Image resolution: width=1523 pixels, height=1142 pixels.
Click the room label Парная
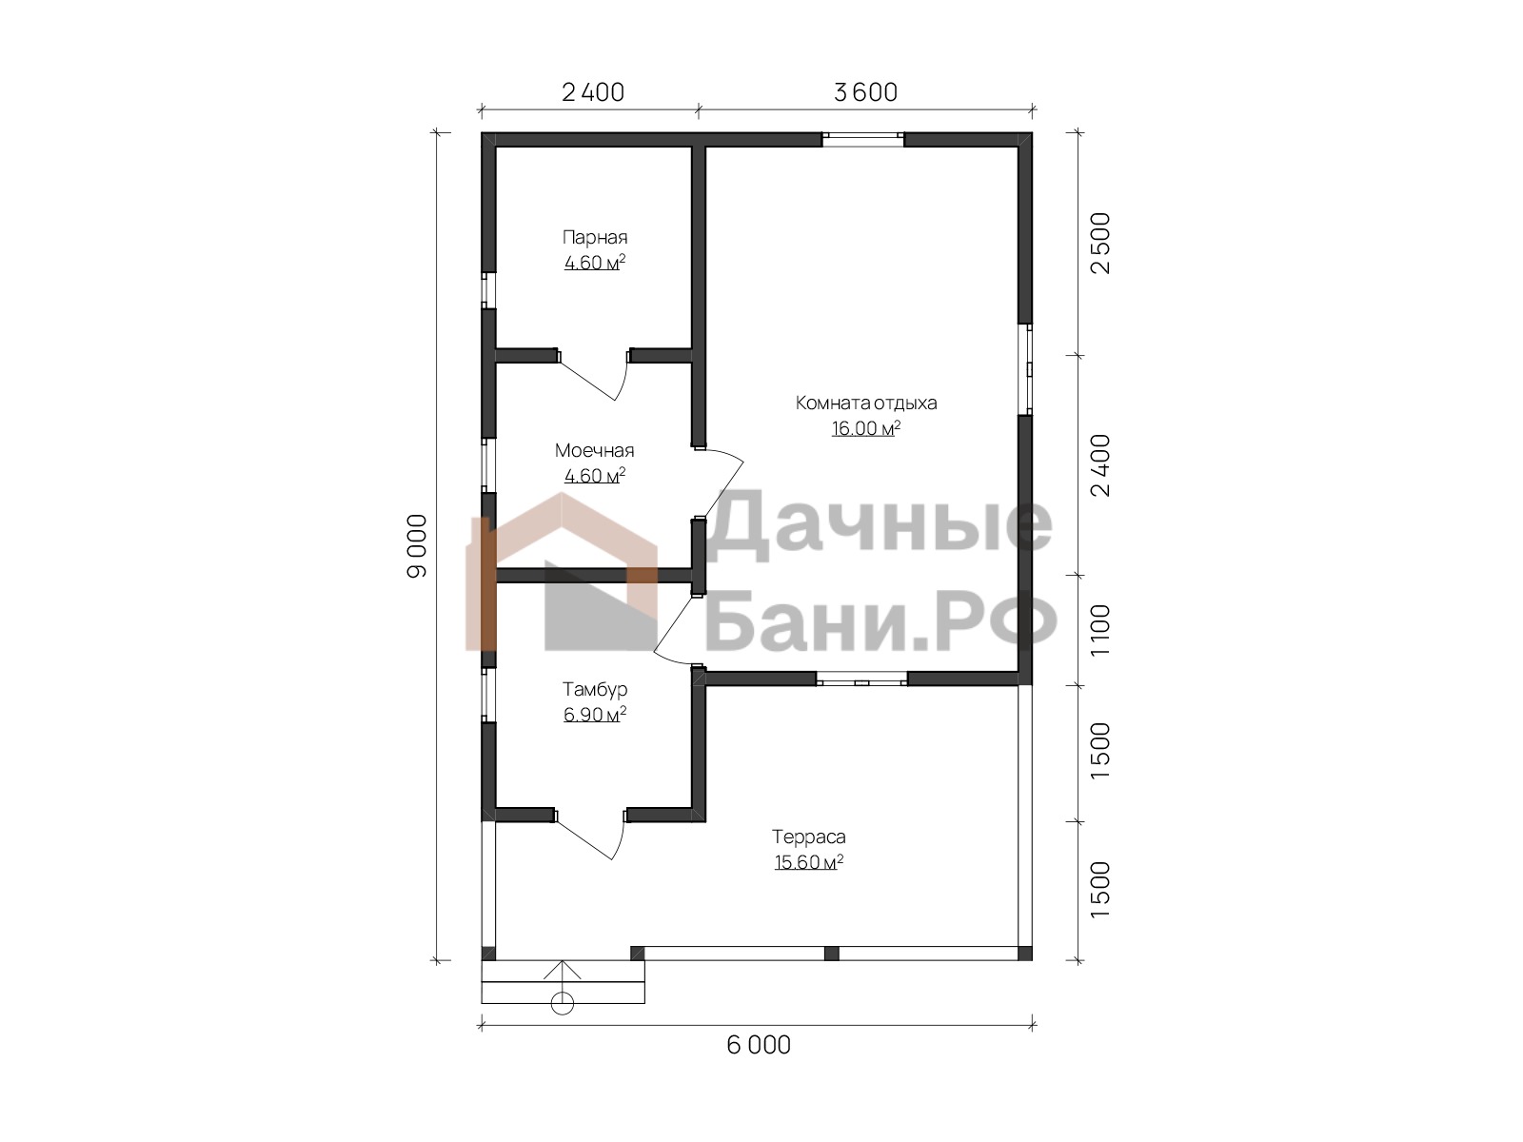point(595,238)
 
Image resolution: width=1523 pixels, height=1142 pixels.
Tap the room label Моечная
point(595,451)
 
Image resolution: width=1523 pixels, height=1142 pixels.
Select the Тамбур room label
point(595,690)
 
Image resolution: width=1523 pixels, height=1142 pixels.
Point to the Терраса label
point(809,837)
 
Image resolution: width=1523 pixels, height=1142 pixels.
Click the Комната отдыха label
point(866,403)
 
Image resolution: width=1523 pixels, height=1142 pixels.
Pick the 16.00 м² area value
point(866,428)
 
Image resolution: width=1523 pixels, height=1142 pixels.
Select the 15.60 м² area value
point(809,862)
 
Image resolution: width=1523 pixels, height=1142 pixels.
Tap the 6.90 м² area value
point(595,714)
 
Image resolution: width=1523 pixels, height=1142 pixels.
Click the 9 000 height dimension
point(417,545)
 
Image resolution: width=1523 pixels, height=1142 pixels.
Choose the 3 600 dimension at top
point(865,92)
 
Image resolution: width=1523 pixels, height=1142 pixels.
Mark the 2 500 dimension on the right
point(1100,244)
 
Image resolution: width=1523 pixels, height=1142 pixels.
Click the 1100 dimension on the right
point(1100,630)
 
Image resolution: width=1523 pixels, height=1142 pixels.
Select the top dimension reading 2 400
point(593,92)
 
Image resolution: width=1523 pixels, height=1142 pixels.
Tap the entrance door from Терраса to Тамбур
point(591,835)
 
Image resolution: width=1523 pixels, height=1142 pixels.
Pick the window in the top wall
point(863,139)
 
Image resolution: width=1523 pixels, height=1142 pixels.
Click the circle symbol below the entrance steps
point(563,1003)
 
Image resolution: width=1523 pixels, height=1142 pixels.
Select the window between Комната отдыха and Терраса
point(861,679)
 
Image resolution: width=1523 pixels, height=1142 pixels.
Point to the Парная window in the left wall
point(488,290)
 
